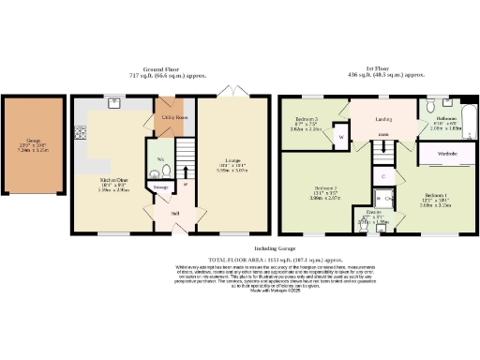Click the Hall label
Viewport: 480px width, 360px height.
click(x=174, y=214)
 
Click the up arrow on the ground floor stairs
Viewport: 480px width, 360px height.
click(x=187, y=171)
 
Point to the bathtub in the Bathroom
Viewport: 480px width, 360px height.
click(x=468, y=120)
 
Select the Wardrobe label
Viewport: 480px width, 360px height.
click(x=448, y=152)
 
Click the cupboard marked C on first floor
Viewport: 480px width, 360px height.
click(x=384, y=175)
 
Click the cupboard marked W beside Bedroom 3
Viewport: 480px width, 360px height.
click(x=340, y=138)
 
